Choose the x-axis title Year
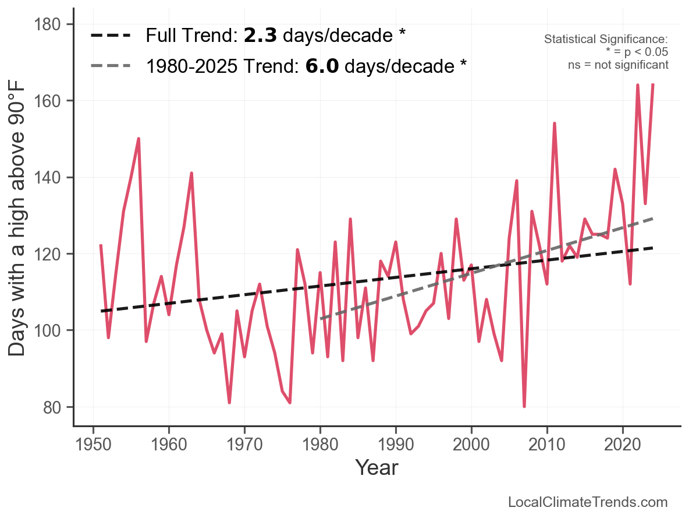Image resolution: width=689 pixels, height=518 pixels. pos(377,467)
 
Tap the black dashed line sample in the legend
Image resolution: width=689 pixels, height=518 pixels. pos(111,36)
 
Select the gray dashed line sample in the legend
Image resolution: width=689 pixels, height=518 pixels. pos(111,66)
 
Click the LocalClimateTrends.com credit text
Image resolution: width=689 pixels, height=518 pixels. pos(588,502)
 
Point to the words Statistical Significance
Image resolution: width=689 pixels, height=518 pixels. pos(605,39)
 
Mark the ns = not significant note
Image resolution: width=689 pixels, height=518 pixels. pos(618,65)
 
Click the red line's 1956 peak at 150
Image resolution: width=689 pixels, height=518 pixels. pos(138,139)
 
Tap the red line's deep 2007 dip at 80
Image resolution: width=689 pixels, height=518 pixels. pos(524,407)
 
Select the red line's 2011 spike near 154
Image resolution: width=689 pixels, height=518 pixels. pos(555,124)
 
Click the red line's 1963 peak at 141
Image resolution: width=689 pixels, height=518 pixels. pos(191,173)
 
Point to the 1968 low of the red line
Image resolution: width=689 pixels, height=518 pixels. pos(229,403)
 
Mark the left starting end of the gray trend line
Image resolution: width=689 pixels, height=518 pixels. pos(321,319)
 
